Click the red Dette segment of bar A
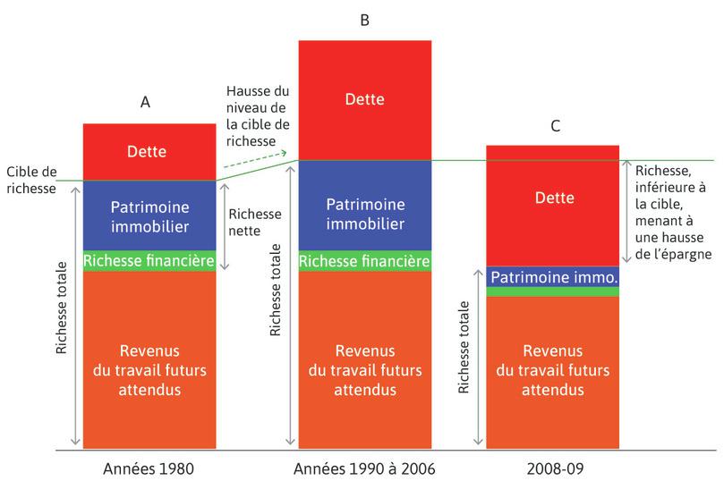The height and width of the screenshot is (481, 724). click(x=149, y=152)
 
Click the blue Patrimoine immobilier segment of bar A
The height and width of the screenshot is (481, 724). click(x=149, y=215)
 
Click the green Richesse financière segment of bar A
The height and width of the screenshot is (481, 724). click(x=149, y=261)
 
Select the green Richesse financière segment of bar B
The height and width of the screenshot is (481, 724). click(x=364, y=261)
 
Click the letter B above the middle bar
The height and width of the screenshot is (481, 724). click(x=364, y=20)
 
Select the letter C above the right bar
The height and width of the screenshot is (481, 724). click(x=555, y=126)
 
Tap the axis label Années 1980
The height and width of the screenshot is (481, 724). click(x=149, y=468)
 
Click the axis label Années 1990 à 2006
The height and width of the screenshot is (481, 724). click(x=364, y=468)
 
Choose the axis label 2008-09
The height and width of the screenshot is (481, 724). click(x=552, y=468)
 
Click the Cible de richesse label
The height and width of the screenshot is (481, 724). click(x=31, y=180)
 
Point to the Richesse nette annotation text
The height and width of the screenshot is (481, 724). click(x=254, y=222)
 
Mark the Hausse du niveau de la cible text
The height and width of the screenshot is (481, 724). click(x=257, y=115)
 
